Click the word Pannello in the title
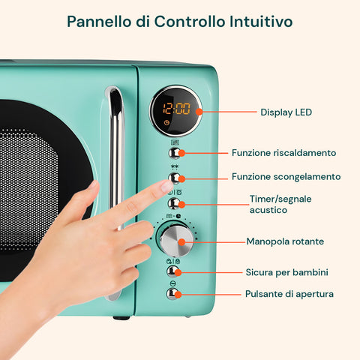99,21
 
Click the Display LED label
286,112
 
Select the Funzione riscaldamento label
283,153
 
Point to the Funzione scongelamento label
286,177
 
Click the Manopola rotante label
285,241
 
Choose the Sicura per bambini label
286,272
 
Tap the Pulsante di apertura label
289,294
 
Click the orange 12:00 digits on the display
176,109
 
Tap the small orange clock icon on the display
166,122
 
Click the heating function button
175,153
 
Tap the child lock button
172,271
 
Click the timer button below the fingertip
174,203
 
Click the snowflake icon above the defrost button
175,166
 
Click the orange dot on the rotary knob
181,242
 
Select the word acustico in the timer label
268,210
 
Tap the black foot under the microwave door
121,318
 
